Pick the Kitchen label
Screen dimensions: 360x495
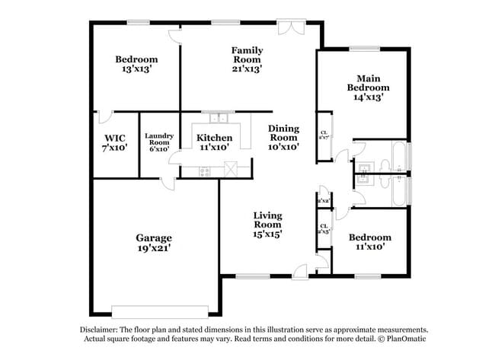click(214, 138)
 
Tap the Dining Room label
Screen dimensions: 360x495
click(283, 133)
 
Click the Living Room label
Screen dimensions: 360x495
click(268, 220)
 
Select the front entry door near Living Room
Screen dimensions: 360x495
click(302, 270)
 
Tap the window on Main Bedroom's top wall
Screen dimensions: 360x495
click(365, 50)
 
